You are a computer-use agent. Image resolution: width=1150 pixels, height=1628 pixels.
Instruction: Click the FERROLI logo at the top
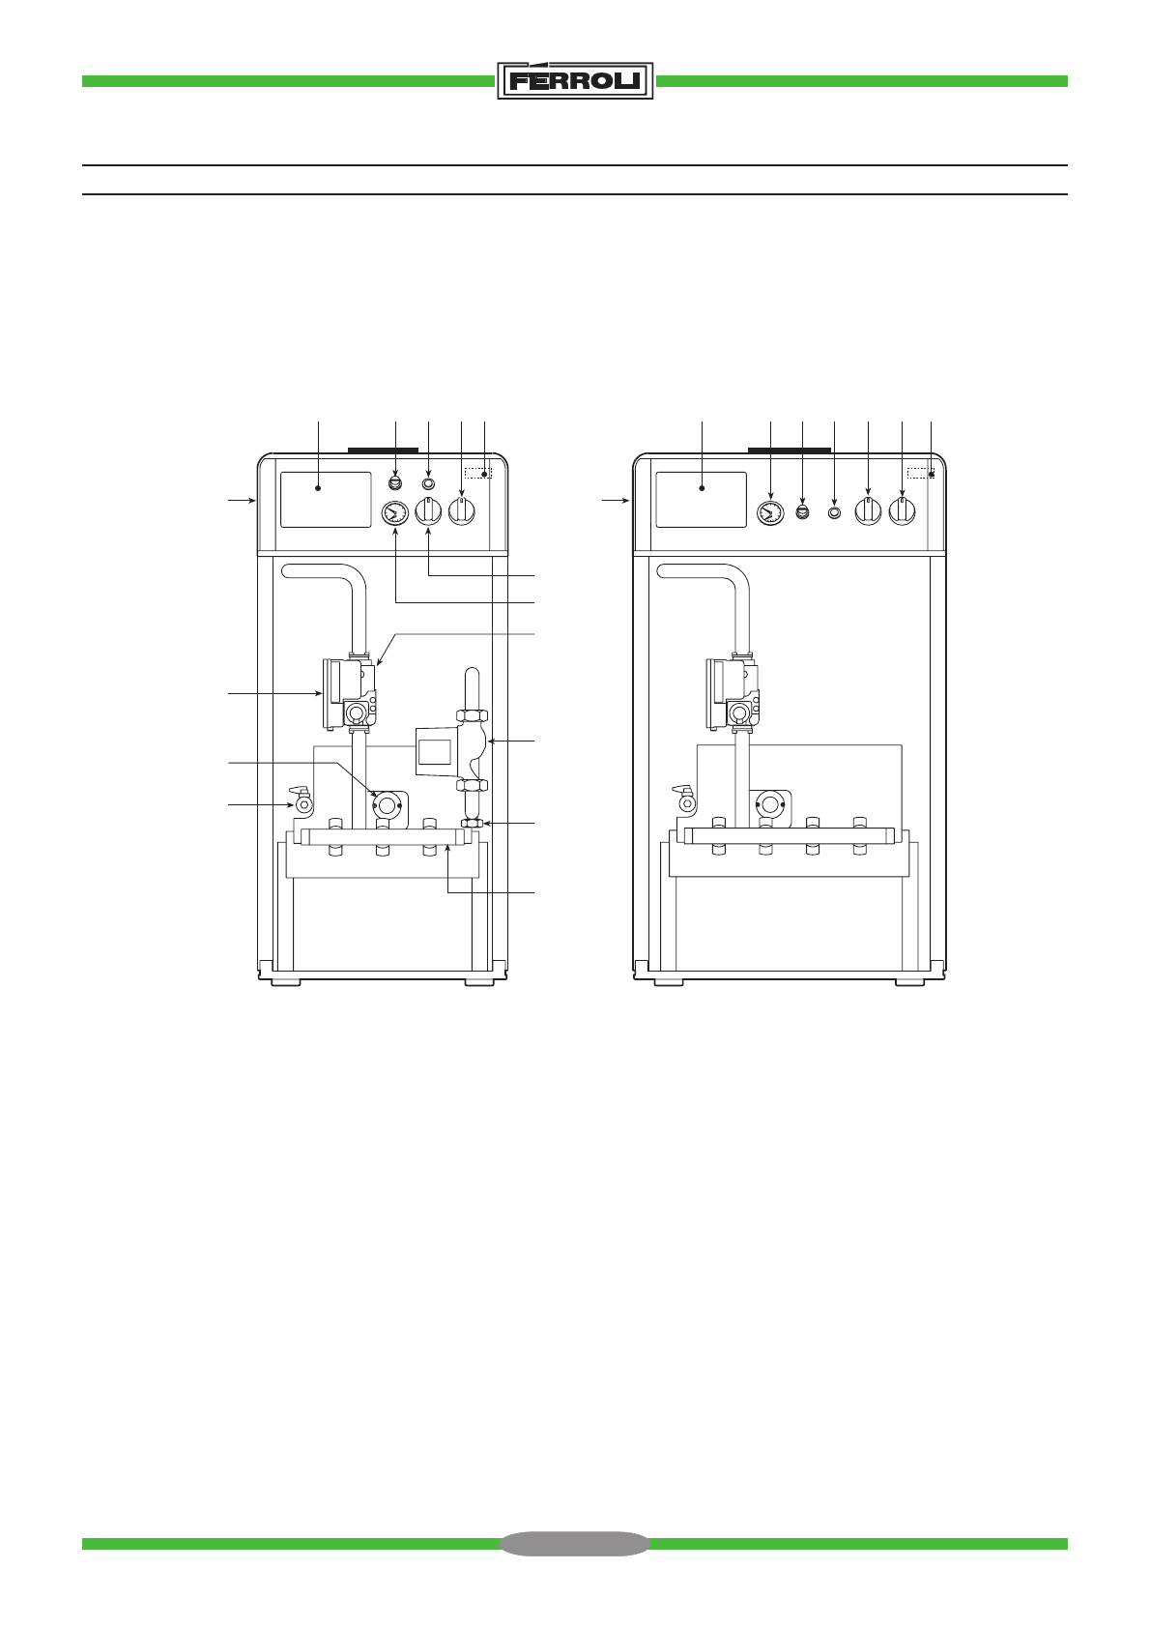575,80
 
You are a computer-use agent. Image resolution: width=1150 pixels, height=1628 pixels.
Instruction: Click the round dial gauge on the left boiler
394,513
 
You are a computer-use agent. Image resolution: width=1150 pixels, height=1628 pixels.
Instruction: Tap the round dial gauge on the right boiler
770,513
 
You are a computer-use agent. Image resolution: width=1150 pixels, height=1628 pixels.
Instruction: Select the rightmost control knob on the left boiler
462,511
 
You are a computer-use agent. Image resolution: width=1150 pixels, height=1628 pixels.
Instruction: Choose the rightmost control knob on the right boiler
903,511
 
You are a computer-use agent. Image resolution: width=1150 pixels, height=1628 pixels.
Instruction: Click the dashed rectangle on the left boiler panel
478,473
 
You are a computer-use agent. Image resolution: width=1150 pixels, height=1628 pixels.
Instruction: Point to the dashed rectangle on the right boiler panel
920,473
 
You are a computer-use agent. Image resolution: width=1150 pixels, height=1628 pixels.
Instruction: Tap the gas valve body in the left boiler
350,693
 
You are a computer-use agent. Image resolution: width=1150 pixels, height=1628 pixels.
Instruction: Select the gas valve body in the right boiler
733,693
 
